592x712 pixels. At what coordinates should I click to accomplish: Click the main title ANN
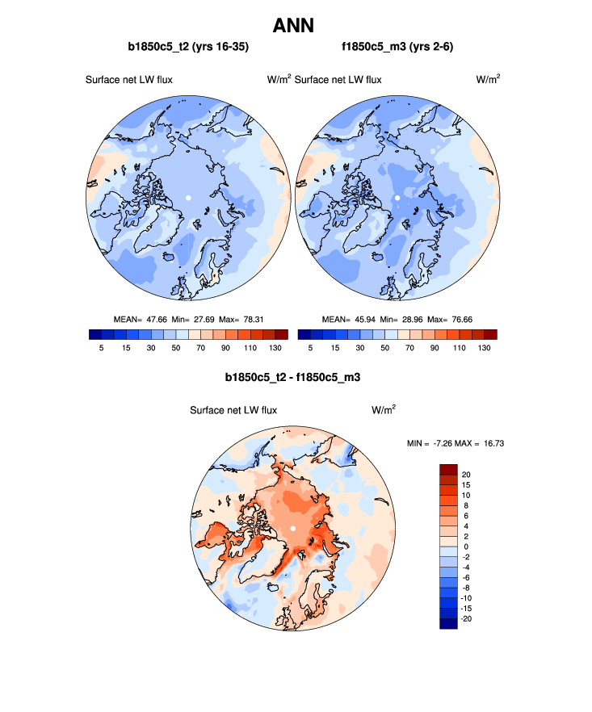click(x=296, y=26)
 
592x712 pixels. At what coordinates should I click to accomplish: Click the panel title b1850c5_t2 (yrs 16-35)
click(x=188, y=48)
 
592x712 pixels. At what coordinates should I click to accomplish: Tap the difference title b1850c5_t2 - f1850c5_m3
click(x=292, y=377)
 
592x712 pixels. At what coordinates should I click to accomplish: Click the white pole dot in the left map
click(x=187, y=198)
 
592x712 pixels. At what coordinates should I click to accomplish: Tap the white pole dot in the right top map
click(x=397, y=198)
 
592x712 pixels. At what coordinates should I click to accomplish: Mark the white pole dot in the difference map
click(x=292, y=528)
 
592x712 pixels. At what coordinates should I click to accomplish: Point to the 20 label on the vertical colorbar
click(x=466, y=474)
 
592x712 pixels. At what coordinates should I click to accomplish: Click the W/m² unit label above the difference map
click(x=383, y=409)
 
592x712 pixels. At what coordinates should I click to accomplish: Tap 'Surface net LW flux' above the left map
click(x=129, y=79)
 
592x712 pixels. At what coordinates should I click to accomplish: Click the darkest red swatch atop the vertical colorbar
click(x=448, y=469)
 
